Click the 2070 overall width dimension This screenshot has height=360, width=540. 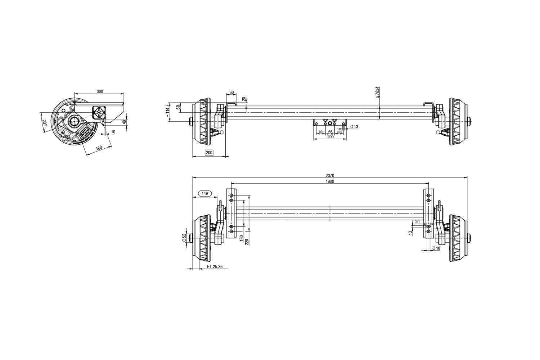(330, 176)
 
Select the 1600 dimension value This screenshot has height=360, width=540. (330, 181)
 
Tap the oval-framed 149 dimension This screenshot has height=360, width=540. (205, 193)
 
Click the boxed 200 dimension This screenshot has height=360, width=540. (209, 153)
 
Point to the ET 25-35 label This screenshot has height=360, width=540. (215, 267)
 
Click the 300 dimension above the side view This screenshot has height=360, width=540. (100, 91)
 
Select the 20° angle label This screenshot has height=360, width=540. (44, 122)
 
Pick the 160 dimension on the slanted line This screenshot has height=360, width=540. (99, 148)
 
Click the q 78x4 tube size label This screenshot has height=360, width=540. (378, 92)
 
